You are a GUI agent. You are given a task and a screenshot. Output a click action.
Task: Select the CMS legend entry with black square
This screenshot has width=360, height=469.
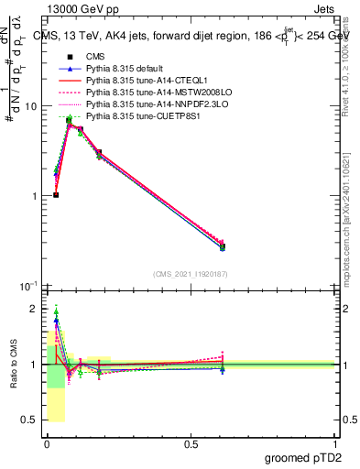click(96, 57)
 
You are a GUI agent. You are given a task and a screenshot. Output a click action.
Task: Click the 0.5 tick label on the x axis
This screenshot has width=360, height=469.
click(191, 444)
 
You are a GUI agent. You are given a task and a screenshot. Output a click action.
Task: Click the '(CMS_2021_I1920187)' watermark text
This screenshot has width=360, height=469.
click(191, 274)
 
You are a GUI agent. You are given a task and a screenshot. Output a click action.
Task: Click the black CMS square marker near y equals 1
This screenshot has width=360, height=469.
click(56, 195)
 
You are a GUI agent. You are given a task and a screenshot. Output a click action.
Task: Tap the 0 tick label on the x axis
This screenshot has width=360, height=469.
click(47, 444)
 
